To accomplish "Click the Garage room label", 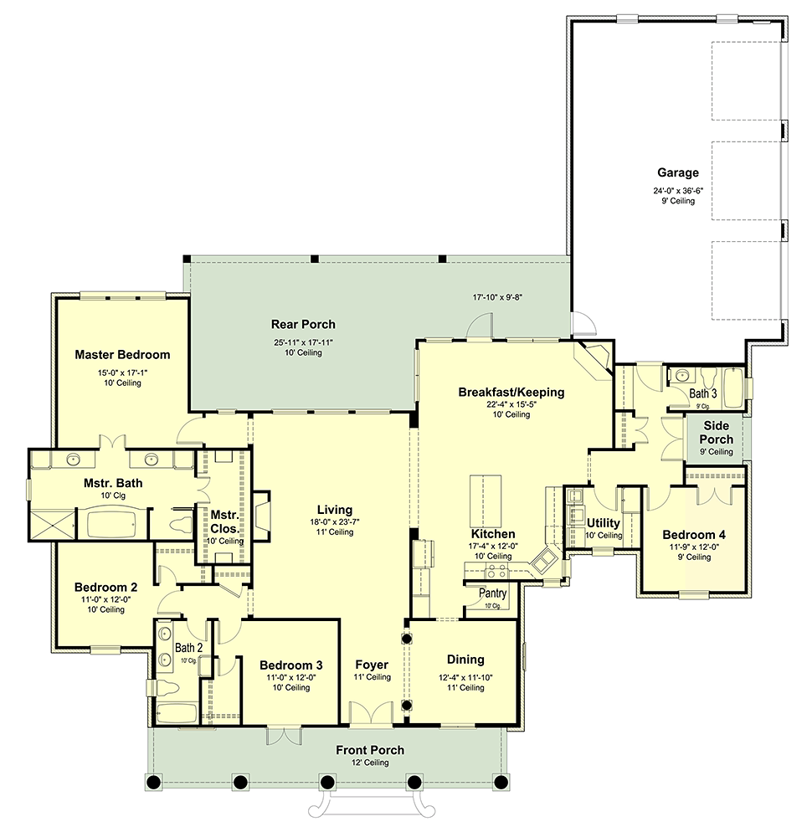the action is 678,172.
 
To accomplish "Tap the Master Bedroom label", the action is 122,354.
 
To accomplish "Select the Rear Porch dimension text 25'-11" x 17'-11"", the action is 303,343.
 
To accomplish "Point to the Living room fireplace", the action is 262,516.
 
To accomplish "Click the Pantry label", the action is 492,593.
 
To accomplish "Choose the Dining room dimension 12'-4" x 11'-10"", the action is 465,678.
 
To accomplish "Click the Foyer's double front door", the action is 371,713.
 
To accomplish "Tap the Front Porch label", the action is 370,750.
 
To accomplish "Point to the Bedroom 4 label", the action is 694,535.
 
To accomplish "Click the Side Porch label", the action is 716,433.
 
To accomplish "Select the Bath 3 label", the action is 702,393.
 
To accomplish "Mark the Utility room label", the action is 603,523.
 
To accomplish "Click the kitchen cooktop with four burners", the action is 496,572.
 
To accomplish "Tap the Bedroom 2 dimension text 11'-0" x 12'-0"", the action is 105,599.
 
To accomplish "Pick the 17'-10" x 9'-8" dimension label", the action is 497,297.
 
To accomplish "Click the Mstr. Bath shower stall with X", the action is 51,526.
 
